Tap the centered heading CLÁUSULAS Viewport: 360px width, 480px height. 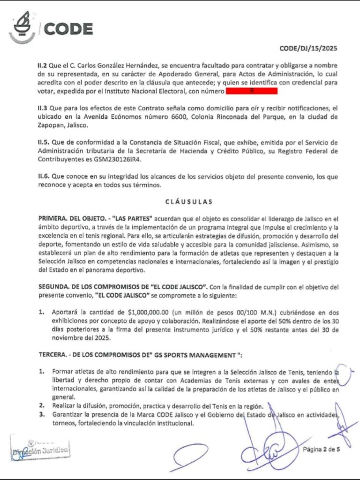coord(188,202)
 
